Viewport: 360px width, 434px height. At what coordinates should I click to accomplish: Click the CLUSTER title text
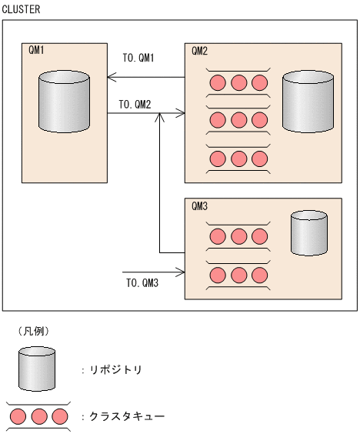pyautogui.click(x=22, y=8)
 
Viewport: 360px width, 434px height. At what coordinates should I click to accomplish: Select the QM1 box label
pyautogui.click(x=36, y=51)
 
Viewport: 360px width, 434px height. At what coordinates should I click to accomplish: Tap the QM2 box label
pyautogui.click(x=199, y=51)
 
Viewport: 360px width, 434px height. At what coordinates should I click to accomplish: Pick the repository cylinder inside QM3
pyautogui.click(x=309, y=234)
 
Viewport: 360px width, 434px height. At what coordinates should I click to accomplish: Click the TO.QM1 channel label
pyautogui.click(x=139, y=58)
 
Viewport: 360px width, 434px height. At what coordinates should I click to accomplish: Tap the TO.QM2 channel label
pyautogui.click(x=135, y=104)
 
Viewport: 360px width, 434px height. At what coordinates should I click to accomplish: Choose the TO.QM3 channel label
pyautogui.click(x=142, y=282)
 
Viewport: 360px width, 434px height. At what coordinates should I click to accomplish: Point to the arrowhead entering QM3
pyautogui.click(x=182, y=272)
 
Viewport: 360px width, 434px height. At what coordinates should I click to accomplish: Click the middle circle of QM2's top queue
pyautogui.click(x=238, y=82)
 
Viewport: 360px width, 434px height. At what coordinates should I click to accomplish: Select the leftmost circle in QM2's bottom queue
pyautogui.click(x=218, y=159)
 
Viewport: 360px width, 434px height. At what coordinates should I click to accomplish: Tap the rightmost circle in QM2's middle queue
pyautogui.click(x=259, y=120)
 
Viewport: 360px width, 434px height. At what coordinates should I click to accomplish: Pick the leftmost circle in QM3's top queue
pyautogui.click(x=218, y=236)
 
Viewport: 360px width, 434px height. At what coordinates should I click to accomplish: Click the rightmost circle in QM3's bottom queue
pyautogui.click(x=259, y=275)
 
